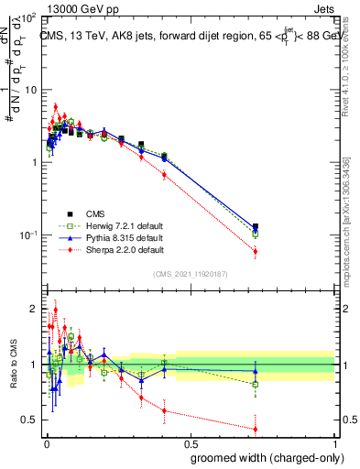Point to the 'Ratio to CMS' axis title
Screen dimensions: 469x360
point(12,365)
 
